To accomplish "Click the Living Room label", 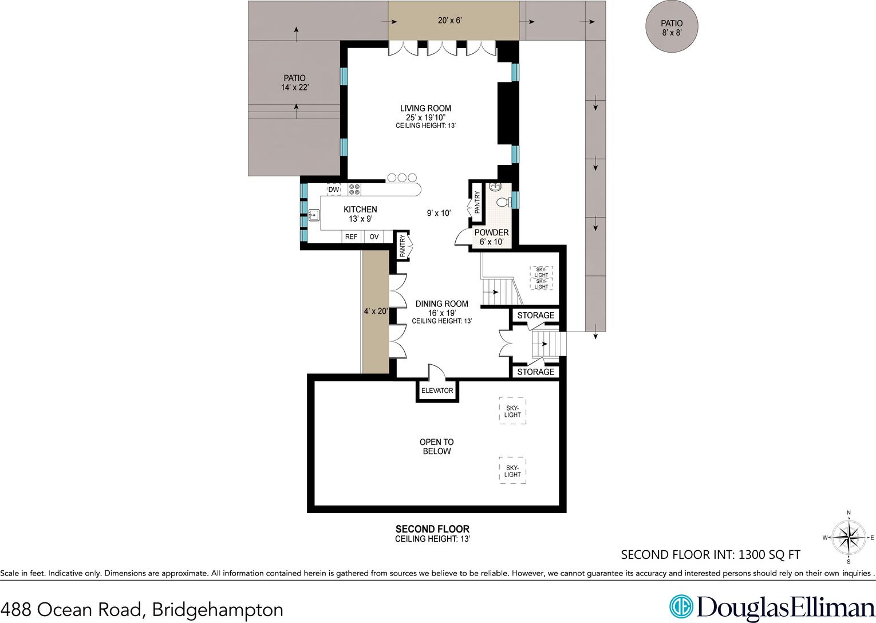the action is [x=425, y=108].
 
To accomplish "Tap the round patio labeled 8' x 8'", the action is [x=672, y=26].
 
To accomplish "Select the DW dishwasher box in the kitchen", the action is [x=334, y=190].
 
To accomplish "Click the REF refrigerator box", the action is [x=351, y=236].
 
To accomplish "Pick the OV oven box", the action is [x=374, y=236].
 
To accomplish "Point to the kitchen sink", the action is [x=314, y=215].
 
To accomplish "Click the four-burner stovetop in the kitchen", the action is [x=354, y=190].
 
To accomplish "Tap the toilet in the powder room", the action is [x=503, y=202].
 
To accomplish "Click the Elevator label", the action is [x=437, y=391].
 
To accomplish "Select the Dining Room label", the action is [x=442, y=304].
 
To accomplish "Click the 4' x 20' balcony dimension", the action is [x=376, y=311].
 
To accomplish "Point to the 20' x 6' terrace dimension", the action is [x=449, y=21].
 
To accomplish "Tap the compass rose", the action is [x=849, y=537].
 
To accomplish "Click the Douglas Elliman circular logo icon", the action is [x=681, y=606].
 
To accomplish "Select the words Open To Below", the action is [x=437, y=447].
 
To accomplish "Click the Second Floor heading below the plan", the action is [x=432, y=529].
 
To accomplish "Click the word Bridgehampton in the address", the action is [x=218, y=609].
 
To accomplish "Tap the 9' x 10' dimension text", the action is [x=439, y=213].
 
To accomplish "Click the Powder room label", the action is [x=492, y=232].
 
